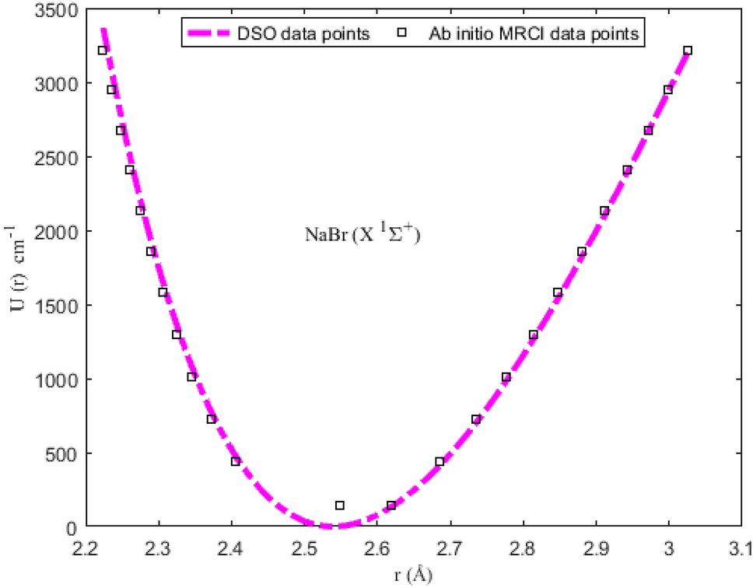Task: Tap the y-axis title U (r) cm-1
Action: [x=17, y=268]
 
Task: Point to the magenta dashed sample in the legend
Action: [x=208, y=33]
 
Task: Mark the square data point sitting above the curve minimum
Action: [x=340, y=506]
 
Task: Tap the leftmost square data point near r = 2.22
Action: [x=102, y=51]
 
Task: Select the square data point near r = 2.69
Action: [x=440, y=461]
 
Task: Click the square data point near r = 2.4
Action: [x=236, y=461]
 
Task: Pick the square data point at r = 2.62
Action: [x=391, y=506]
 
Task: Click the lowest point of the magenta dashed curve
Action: [x=328, y=526]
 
